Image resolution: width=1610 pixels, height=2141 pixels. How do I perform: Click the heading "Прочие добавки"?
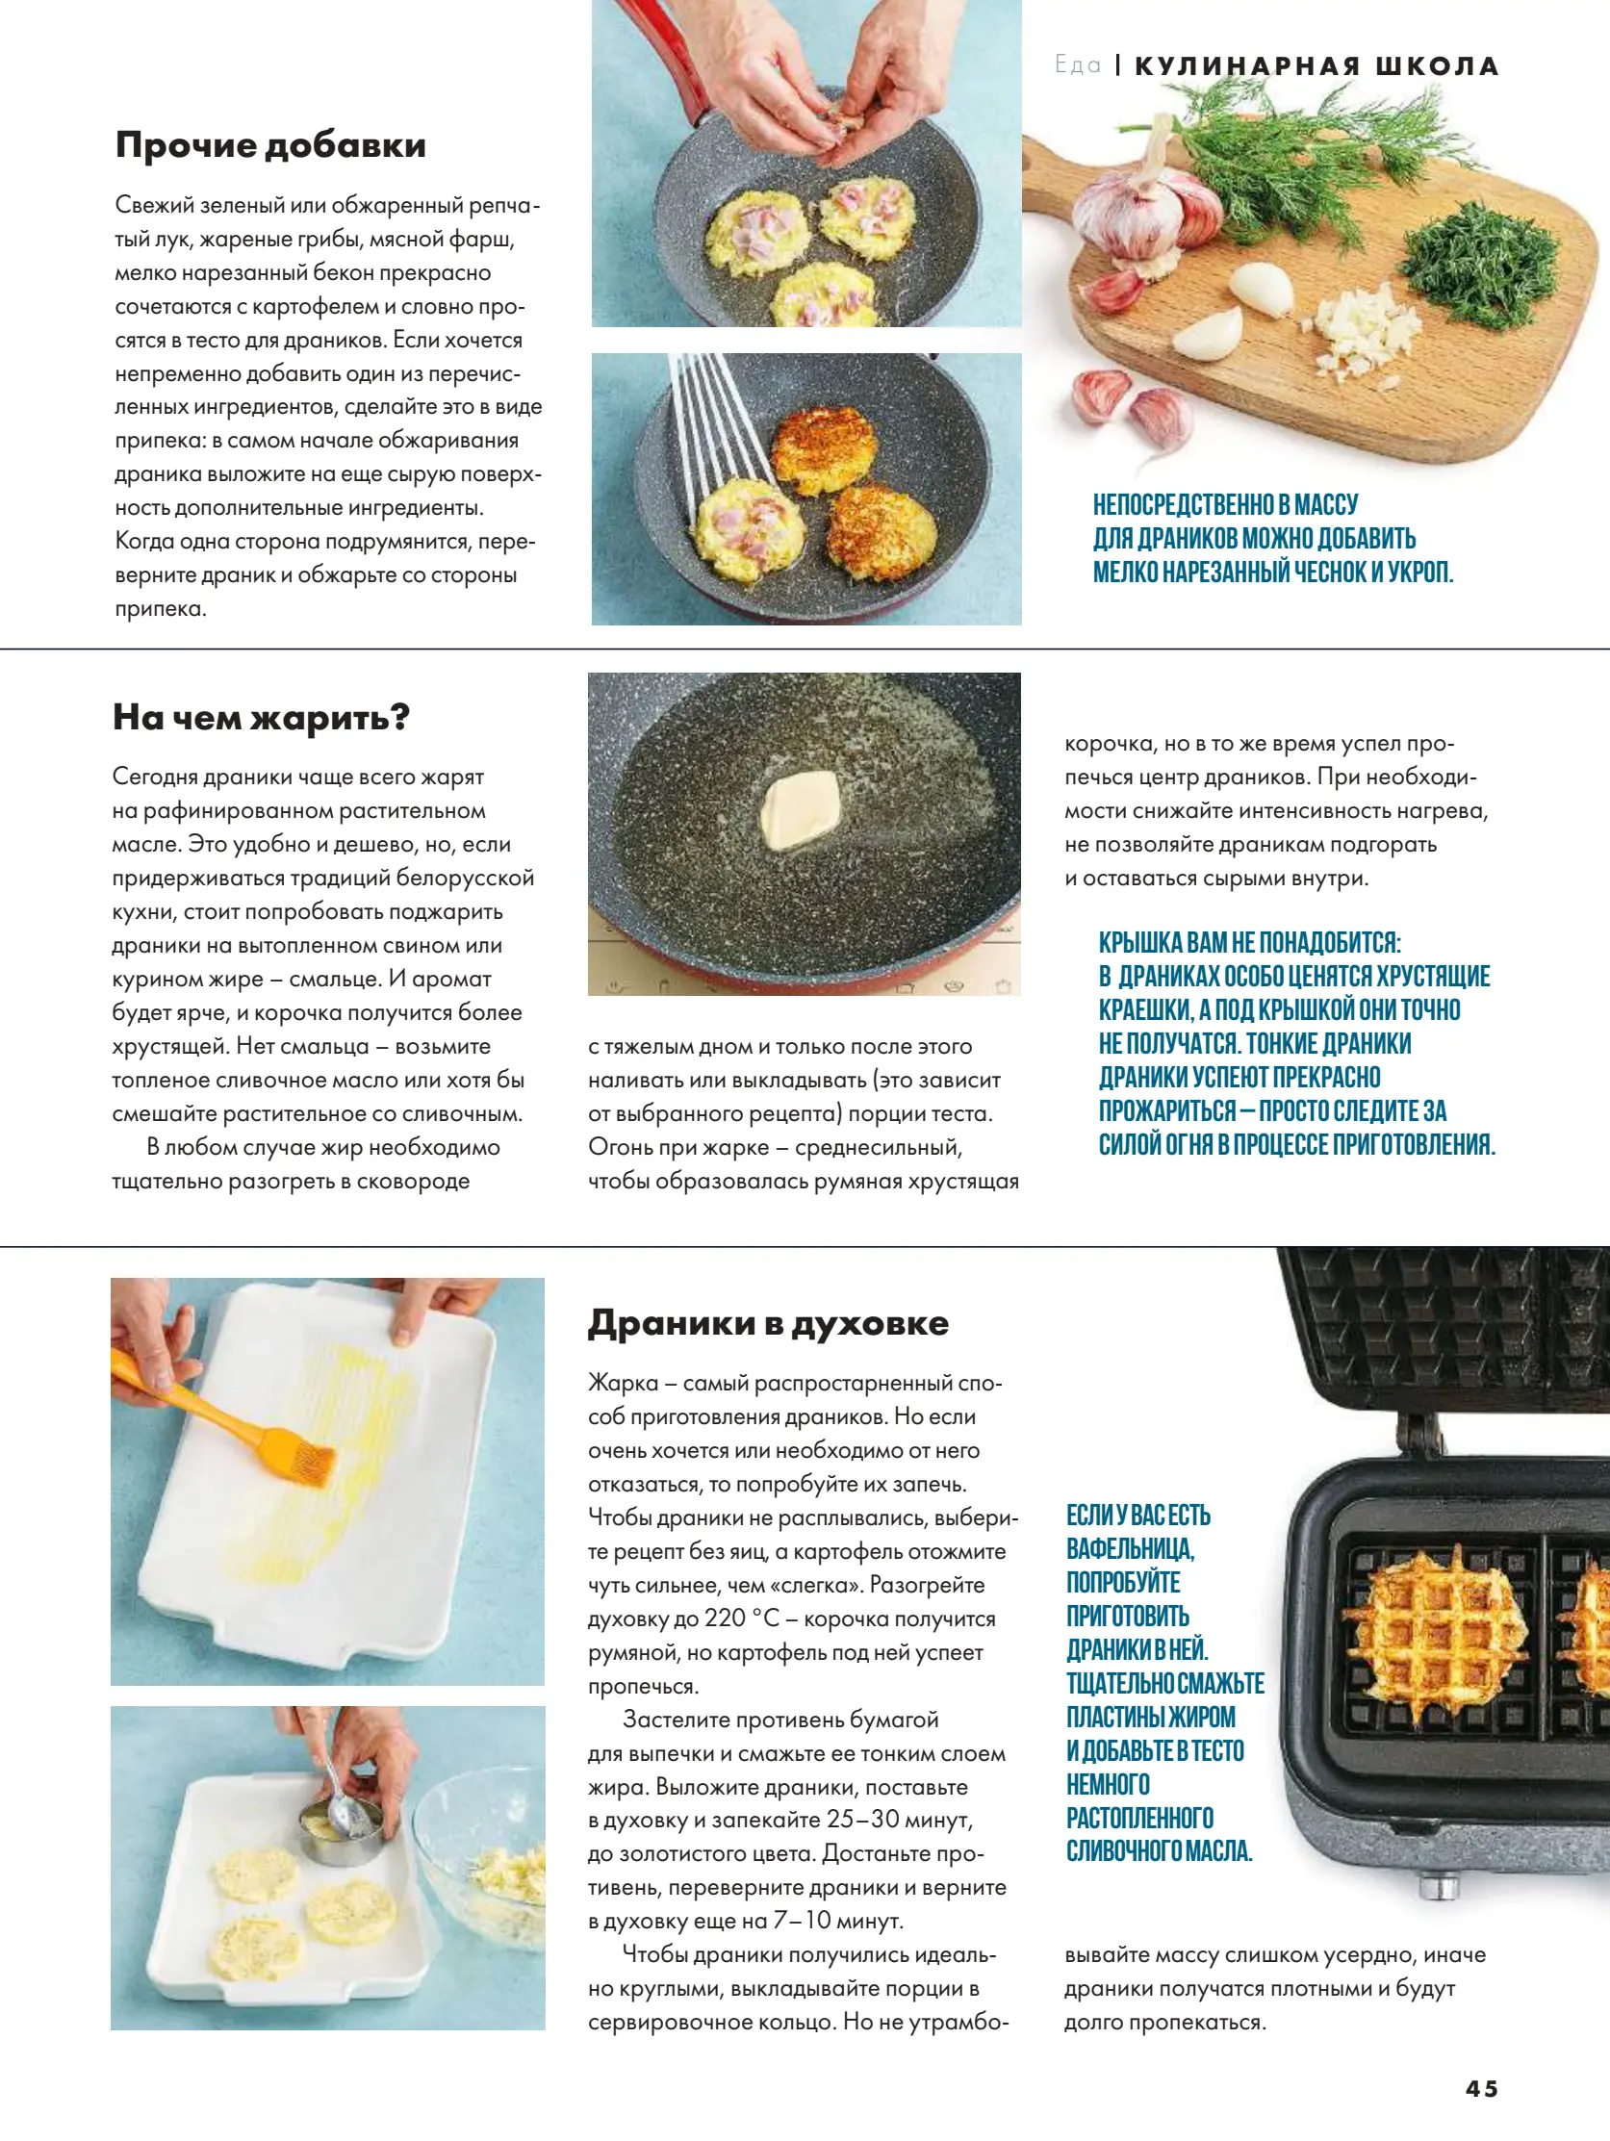pyautogui.click(x=270, y=145)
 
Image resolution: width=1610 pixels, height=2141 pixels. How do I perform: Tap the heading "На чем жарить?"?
pyautogui.click(x=261, y=717)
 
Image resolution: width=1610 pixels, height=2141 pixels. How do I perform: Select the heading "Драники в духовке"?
pyautogui.click(x=768, y=1323)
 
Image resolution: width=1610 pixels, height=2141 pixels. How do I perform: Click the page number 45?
pyautogui.click(x=1480, y=2089)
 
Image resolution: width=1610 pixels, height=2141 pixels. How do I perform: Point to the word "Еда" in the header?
pyautogui.click(x=1078, y=65)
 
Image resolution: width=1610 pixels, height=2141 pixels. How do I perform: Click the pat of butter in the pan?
pyautogui.click(x=800, y=808)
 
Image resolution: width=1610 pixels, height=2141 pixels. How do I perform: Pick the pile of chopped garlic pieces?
pyautogui.click(x=1367, y=333)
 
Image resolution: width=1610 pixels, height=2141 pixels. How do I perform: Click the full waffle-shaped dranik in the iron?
pyautogui.click(x=1436, y=1636)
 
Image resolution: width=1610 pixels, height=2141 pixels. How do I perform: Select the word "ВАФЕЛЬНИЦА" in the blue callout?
pyautogui.click(x=1130, y=1548)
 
